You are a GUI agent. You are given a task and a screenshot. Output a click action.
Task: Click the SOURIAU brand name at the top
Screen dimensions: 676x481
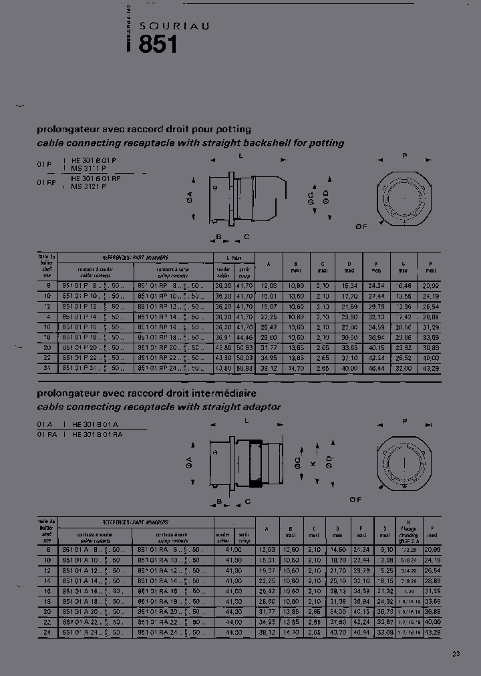[x=174, y=25]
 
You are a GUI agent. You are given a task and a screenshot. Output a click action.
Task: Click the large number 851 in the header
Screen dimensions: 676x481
[x=158, y=45]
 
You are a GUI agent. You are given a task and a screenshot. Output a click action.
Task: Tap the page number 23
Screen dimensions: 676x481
[x=456, y=654]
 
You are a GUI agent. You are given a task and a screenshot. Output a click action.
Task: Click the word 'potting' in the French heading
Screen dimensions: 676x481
[x=233, y=129]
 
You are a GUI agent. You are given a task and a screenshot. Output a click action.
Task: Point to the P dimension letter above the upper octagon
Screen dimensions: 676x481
[x=404, y=155]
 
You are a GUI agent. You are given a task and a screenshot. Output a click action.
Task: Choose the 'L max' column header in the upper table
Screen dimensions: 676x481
[x=232, y=257]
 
